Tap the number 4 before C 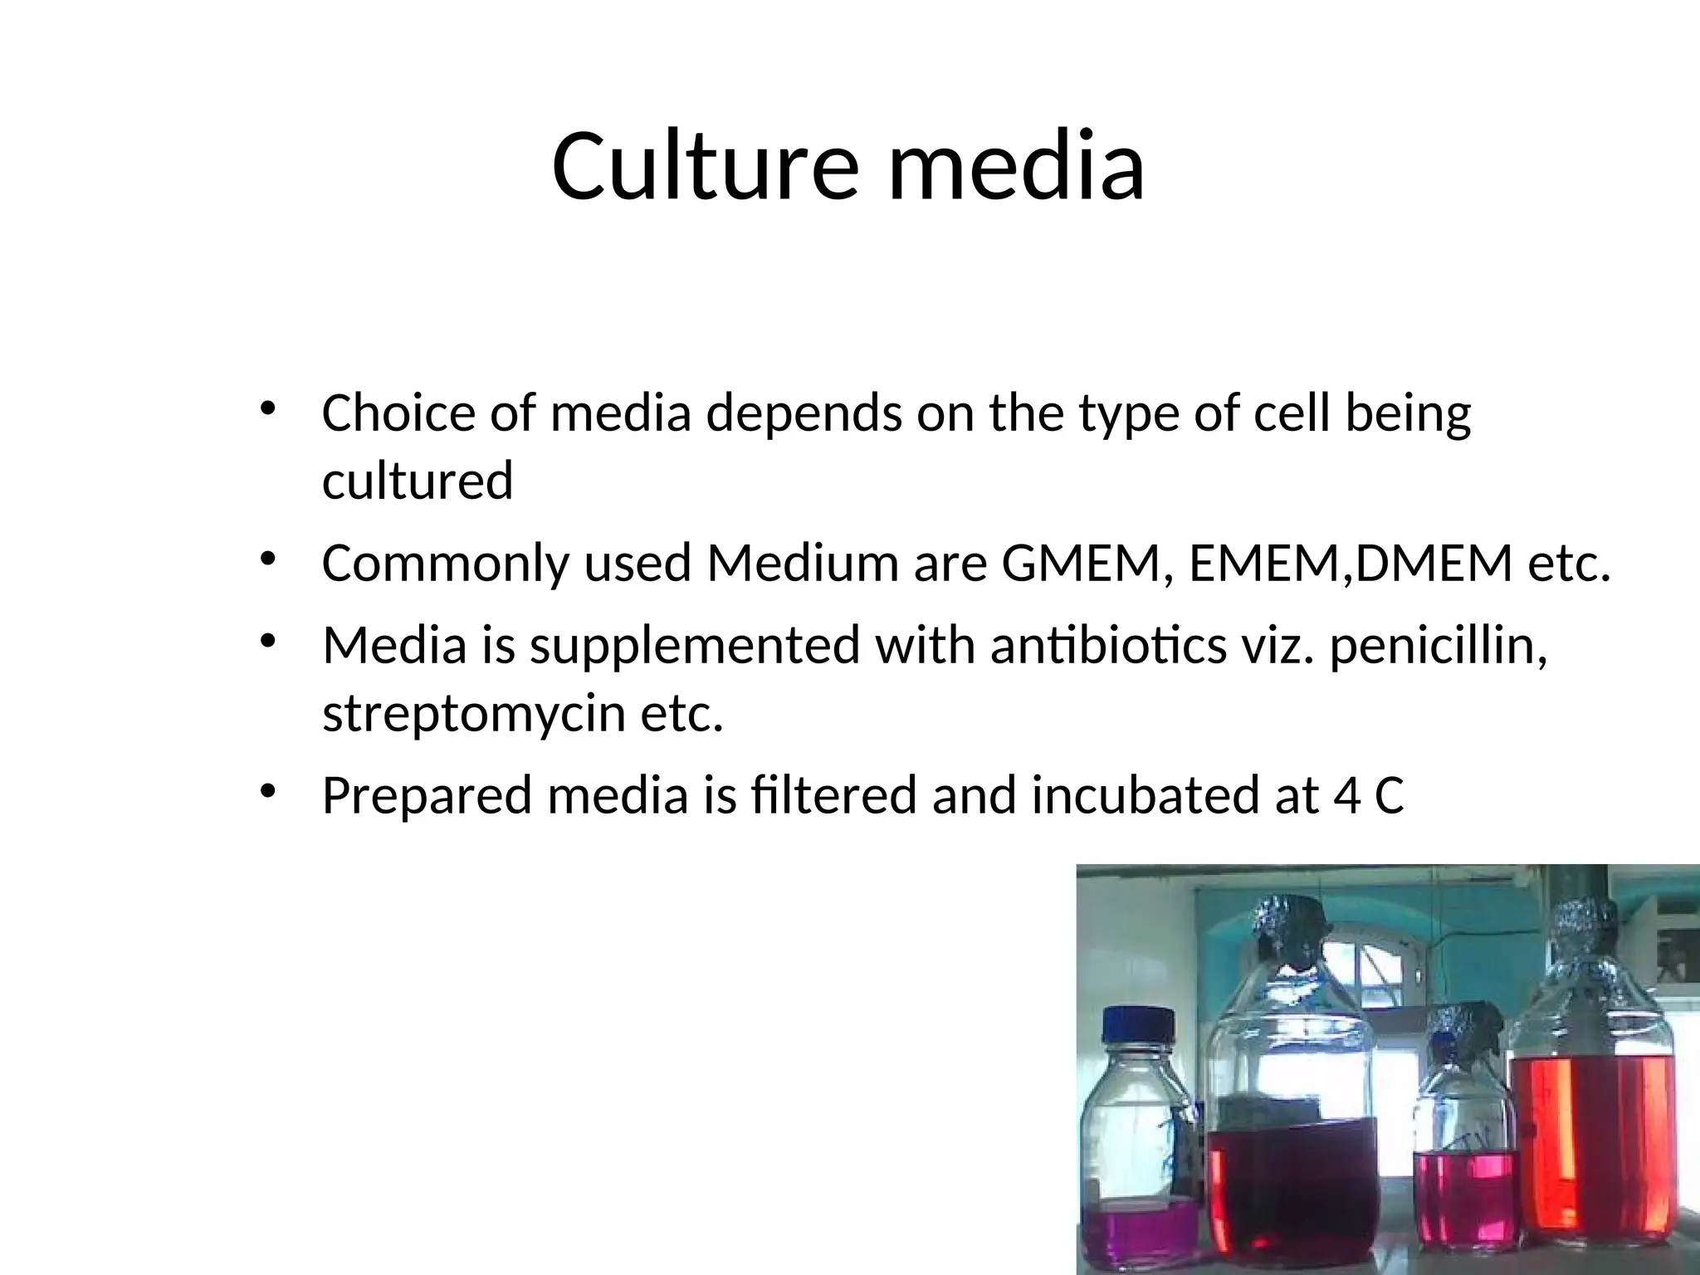(x=1345, y=796)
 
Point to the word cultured (x=418, y=481)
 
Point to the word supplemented (x=694, y=647)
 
